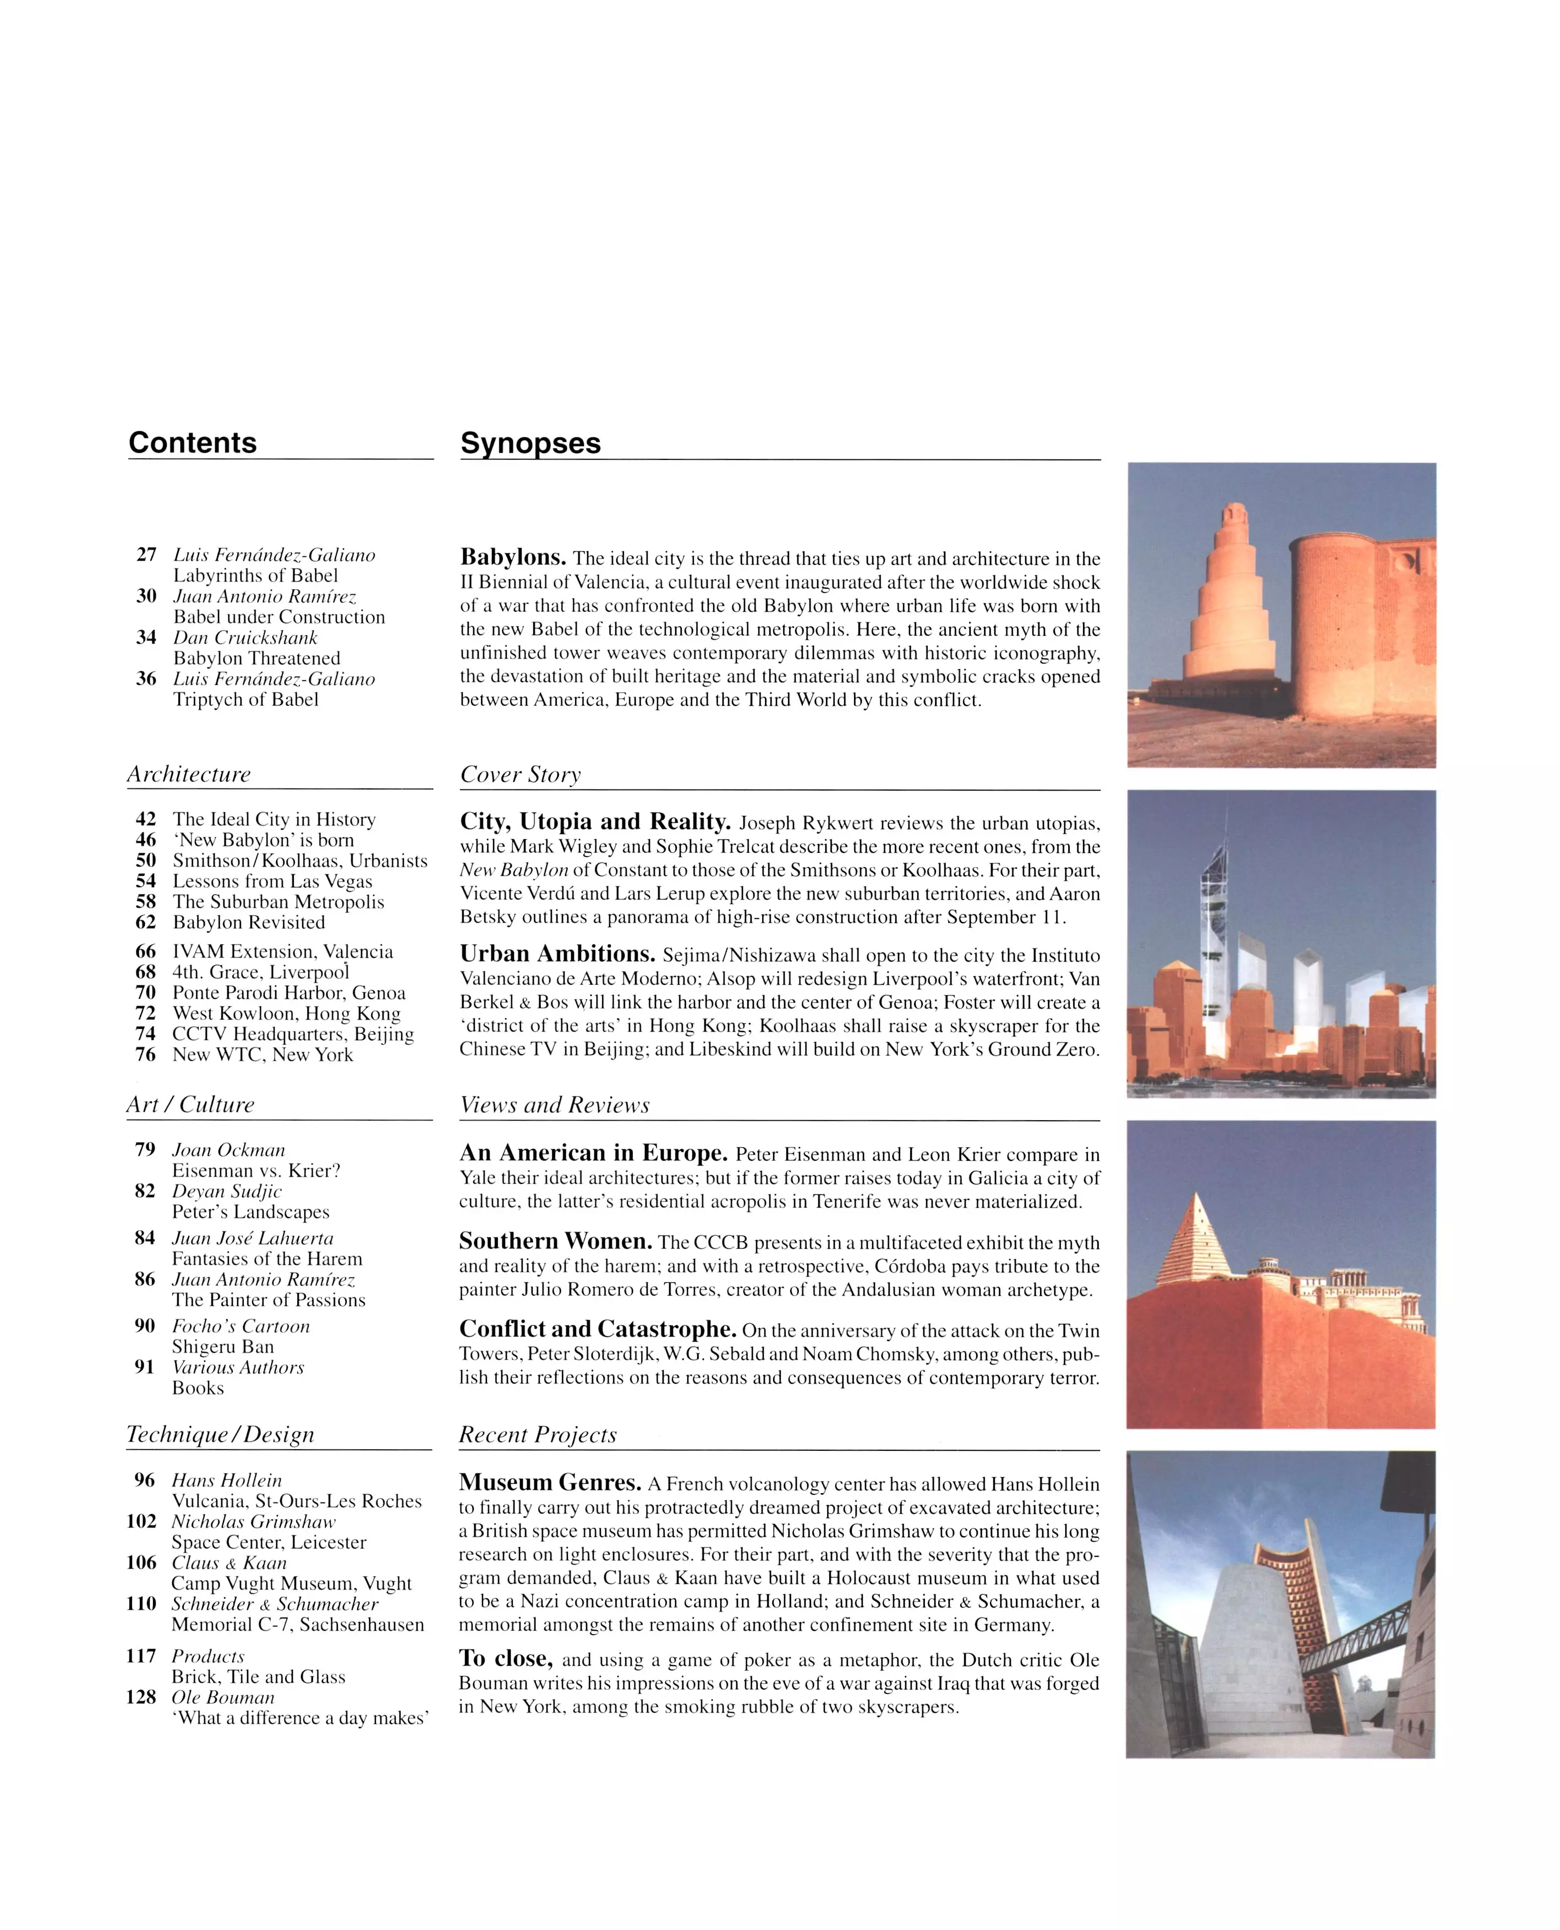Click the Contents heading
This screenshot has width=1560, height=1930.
click(192, 442)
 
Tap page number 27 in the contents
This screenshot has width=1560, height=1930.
click(146, 555)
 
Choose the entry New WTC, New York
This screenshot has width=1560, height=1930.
click(262, 1054)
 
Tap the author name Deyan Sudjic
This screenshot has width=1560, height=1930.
click(227, 1192)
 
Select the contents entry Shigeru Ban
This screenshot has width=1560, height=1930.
click(223, 1346)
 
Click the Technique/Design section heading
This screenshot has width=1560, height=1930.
click(220, 1434)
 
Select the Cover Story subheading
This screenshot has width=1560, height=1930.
click(521, 775)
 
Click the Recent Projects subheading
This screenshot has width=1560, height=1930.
click(538, 1435)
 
